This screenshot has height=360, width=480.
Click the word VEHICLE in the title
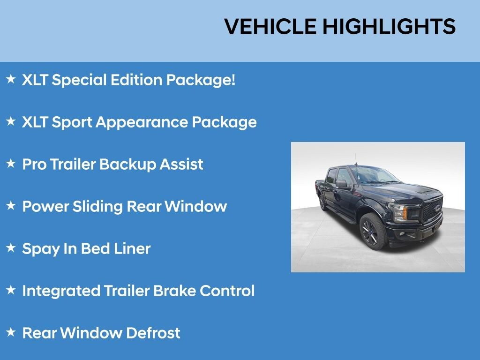point(270,26)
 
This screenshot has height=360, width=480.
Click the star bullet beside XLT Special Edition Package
point(11,79)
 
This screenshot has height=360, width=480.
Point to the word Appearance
point(142,122)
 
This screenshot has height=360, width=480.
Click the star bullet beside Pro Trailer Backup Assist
point(11,163)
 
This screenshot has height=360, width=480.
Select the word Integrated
point(61,291)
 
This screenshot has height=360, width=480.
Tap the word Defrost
point(153,333)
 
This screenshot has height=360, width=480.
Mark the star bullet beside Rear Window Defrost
point(11,332)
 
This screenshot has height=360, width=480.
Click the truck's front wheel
point(373,232)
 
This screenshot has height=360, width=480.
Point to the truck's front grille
point(432,210)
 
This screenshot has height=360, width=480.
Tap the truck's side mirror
point(342,184)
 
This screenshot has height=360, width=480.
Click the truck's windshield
point(374,175)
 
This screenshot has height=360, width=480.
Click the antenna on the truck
point(356,160)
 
